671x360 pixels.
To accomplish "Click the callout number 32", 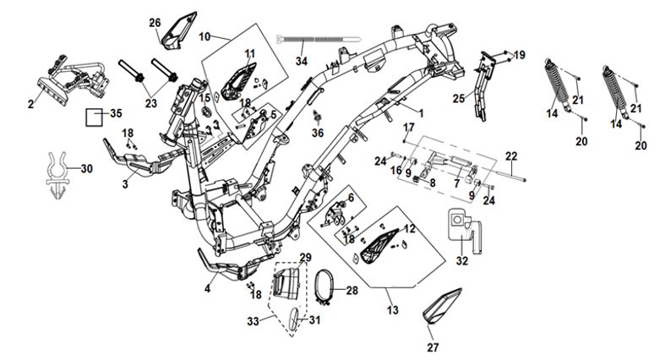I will click(461, 260).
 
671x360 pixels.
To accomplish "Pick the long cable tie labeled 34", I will click(313, 41).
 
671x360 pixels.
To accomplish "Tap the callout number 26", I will click(155, 23).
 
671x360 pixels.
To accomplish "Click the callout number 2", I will click(31, 103).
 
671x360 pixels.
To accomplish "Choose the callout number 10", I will click(205, 37).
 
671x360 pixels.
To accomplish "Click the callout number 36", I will click(318, 132).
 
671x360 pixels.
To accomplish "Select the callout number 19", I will click(520, 55).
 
